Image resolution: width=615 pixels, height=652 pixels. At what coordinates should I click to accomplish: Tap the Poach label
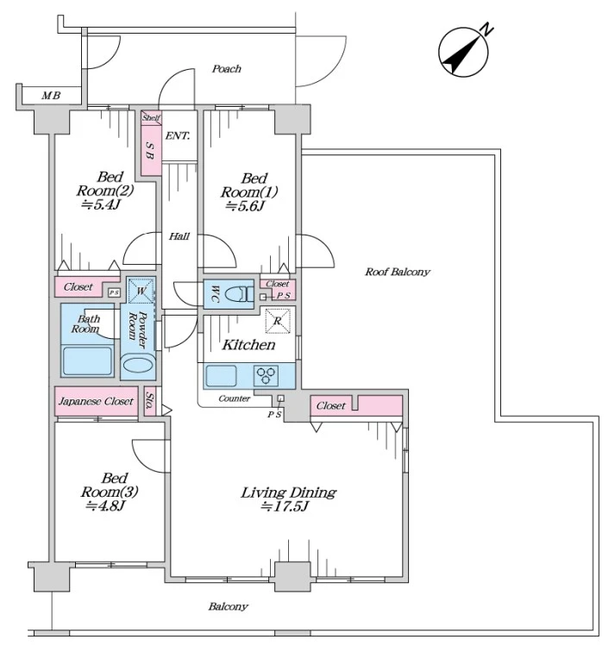tap(226, 69)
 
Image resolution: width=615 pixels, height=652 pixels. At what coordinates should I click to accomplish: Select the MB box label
tap(51, 95)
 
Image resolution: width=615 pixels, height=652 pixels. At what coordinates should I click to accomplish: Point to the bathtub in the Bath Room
tap(88, 360)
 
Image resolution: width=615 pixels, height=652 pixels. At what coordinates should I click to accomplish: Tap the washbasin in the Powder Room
tap(137, 366)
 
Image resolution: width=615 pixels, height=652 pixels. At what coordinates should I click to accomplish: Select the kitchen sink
tap(222, 376)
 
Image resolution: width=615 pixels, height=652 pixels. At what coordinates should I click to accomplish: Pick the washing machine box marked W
tap(139, 291)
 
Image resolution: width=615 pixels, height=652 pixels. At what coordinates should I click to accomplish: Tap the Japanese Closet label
tap(95, 402)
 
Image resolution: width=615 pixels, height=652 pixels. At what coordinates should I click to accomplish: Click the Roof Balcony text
tap(397, 272)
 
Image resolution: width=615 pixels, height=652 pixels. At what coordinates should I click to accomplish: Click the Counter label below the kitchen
tap(235, 398)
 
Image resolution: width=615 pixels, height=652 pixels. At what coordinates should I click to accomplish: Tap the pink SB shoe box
tap(150, 151)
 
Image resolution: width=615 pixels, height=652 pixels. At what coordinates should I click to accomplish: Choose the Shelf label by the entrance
tap(152, 117)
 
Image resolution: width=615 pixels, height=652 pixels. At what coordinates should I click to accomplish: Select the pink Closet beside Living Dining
tap(331, 405)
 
